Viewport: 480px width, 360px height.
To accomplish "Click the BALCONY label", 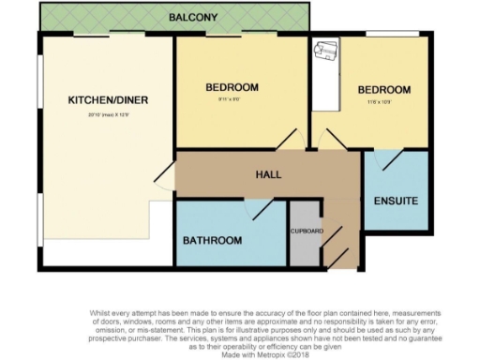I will (193, 17).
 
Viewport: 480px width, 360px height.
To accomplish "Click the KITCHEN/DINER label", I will (109, 100).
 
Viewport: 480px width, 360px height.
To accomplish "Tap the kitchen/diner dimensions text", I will (109, 114).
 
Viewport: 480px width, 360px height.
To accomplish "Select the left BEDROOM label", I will (232, 87).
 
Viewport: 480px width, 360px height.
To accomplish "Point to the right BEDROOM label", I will (384, 90).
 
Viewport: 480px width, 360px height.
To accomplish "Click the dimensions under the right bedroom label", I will (383, 102).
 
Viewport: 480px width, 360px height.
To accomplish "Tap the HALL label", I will (269, 174).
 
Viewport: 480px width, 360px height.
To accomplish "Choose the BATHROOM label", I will (212, 240).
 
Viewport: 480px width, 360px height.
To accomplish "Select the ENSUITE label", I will (396, 202).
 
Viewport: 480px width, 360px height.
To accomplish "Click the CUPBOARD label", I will (306, 231).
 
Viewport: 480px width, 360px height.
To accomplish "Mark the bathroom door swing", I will (259, 209).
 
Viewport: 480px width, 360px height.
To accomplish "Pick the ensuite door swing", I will (383, 160).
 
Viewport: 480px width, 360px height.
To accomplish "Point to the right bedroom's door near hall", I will (331, 141).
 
